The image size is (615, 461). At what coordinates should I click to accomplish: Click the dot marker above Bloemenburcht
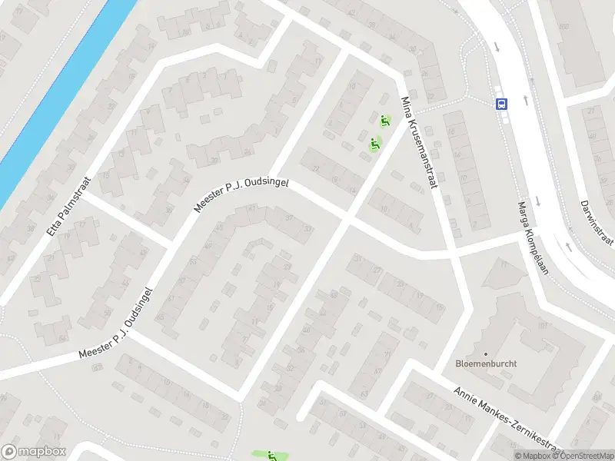pos(485,353)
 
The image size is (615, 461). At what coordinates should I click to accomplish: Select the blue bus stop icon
pos(501,104)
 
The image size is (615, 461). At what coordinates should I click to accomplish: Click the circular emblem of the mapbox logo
pos(9,452)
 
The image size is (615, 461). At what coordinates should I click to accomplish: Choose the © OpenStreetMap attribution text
pos(583,456)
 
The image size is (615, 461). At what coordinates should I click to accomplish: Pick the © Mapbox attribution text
pos(536,456)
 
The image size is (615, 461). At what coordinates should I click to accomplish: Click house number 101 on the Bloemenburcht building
pos(542,326)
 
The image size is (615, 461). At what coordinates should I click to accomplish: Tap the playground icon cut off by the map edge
pos(271,456)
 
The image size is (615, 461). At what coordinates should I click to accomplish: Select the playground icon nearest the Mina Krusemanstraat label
pos(384,119)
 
